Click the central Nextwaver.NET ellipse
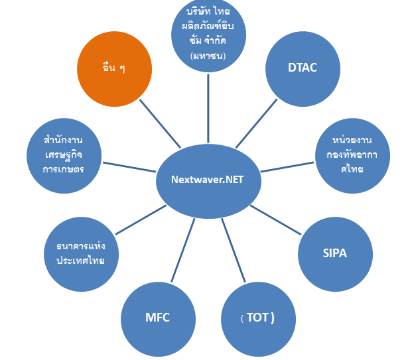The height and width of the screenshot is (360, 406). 208,180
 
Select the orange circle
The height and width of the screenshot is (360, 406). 114,69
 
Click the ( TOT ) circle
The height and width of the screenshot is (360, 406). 257,318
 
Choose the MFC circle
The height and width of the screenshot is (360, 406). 158,318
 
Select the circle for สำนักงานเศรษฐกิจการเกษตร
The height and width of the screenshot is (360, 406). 64,156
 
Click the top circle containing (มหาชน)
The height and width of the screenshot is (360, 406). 208,33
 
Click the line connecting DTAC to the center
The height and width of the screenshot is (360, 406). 257,123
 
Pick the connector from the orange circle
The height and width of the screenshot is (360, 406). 160,124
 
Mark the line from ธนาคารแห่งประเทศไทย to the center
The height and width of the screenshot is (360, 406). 140,219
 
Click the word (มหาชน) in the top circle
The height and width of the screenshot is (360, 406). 208,56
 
